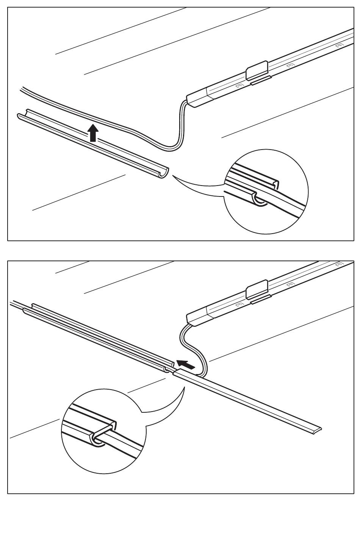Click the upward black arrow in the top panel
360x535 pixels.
(92, 133)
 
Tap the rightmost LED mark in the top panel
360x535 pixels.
(339, 45)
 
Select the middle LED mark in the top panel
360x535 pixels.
(290, 66)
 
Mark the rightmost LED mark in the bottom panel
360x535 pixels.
(339, 264)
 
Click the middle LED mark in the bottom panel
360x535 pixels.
(290, 284)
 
